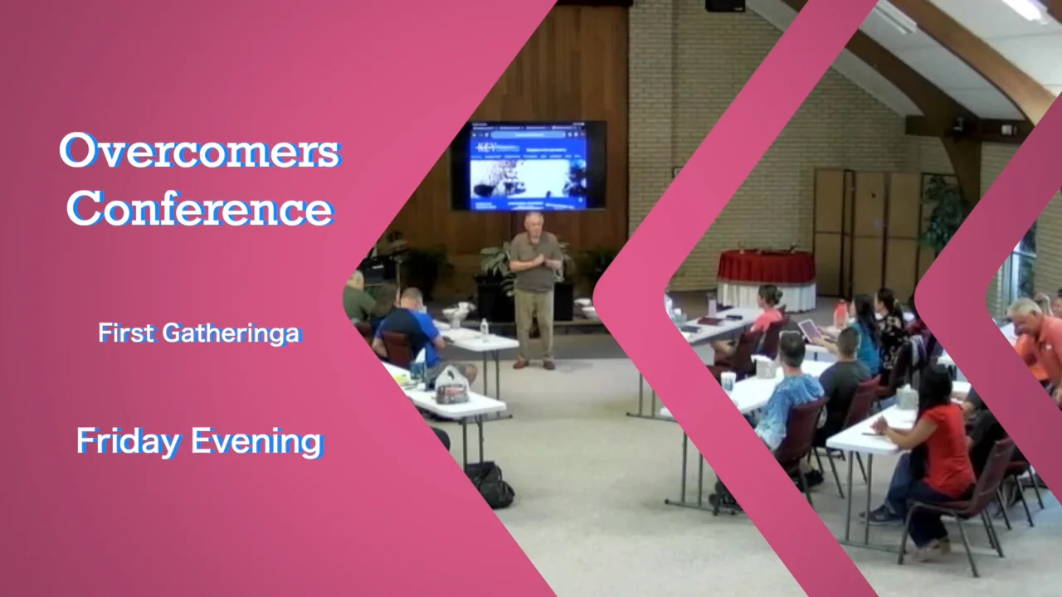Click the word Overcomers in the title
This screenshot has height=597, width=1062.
[199, 151]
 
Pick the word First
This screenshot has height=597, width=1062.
[127, 333]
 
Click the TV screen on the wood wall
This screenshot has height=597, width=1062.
[529, 165]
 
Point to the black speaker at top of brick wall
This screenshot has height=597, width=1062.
[725, 5]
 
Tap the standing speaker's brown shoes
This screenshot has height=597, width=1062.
[533, 363]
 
